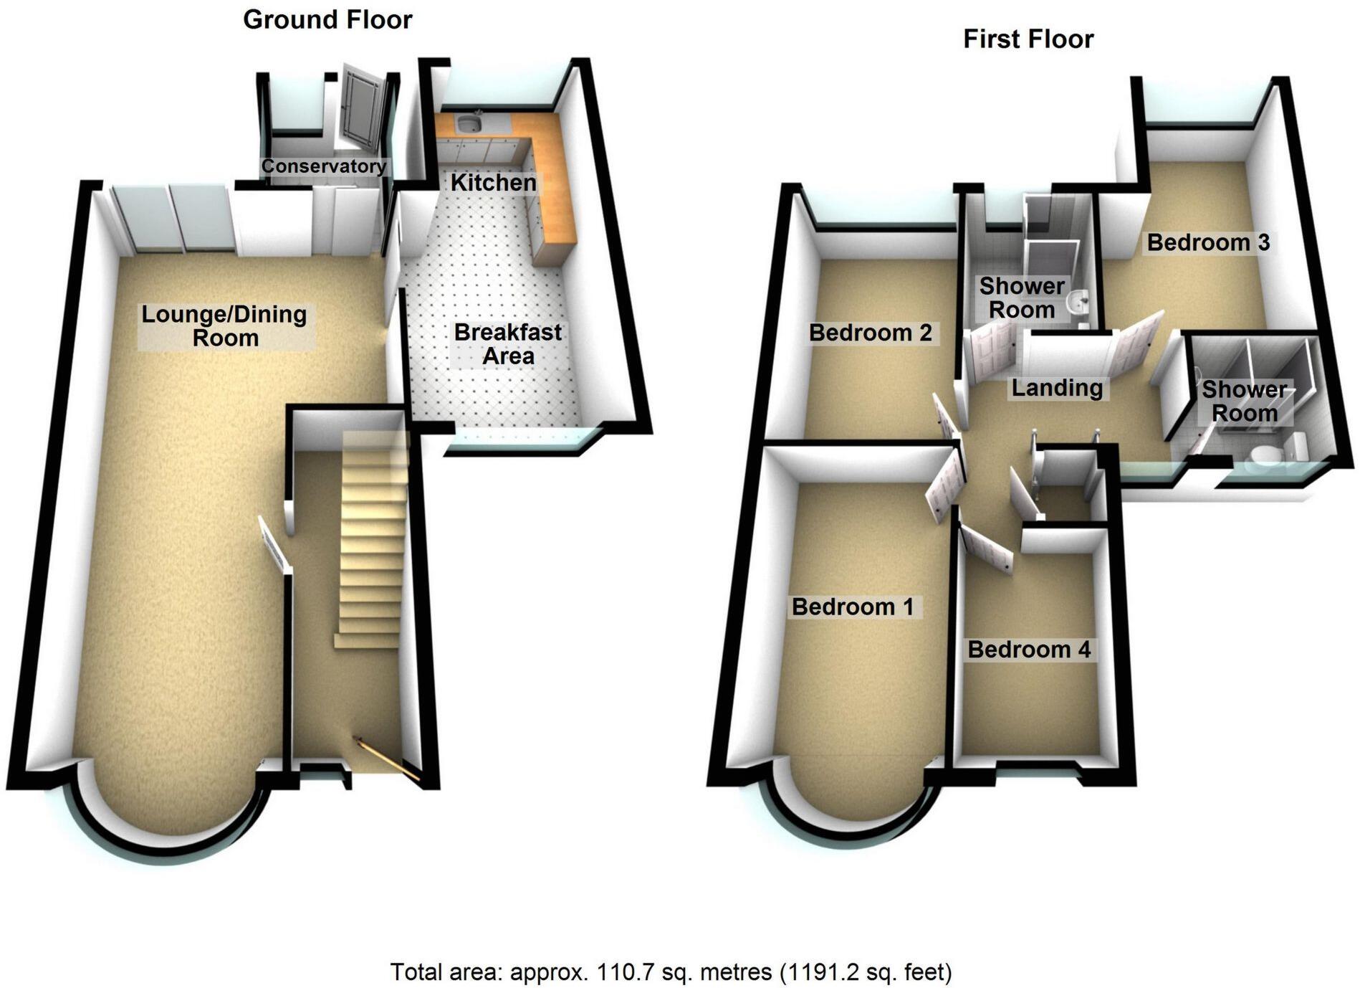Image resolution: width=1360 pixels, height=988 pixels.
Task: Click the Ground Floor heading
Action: (x=327, y=20)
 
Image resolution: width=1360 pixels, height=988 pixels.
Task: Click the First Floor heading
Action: (x=1028, y=39)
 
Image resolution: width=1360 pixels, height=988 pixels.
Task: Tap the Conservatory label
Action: (x=323, y=166)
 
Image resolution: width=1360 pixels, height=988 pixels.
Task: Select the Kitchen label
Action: (x=493, y=183)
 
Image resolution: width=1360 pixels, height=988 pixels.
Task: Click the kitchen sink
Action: (x=469, y=123)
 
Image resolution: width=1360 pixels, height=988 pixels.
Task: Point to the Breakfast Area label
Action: (x=508, y=344)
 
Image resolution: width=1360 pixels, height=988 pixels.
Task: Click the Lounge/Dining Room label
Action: (x=224, y=326)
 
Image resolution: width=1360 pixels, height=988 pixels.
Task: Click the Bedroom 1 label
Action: (x=853, y=607)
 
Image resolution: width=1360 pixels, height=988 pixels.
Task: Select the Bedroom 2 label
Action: (x=870, y=333)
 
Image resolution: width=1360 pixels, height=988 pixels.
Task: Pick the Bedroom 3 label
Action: (x=1208, y=242)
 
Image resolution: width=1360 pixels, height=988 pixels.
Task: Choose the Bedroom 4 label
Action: (x=1029, y=650)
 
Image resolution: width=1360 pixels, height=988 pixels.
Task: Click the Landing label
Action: (x=1057, y=388)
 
